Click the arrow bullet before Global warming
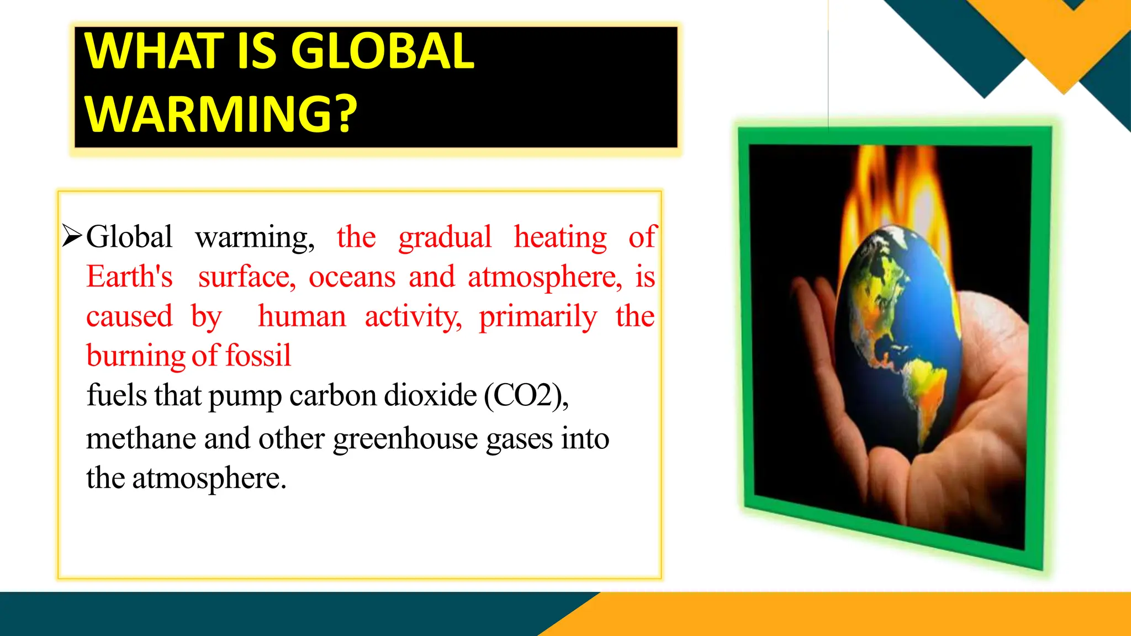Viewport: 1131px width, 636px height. (72, 236)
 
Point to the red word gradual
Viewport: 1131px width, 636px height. (445, 237)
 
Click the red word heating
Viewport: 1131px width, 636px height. (560, 237)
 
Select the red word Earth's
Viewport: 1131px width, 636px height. (129, 277)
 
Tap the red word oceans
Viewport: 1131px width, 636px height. (352, 277)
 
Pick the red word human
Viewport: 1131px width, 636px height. (302, 316)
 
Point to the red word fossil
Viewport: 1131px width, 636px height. (258, 356)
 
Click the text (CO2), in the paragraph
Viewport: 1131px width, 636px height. (526, 395)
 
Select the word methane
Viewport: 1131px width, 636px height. (141, 439)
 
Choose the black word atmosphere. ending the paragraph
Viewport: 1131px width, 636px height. (209, 478)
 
